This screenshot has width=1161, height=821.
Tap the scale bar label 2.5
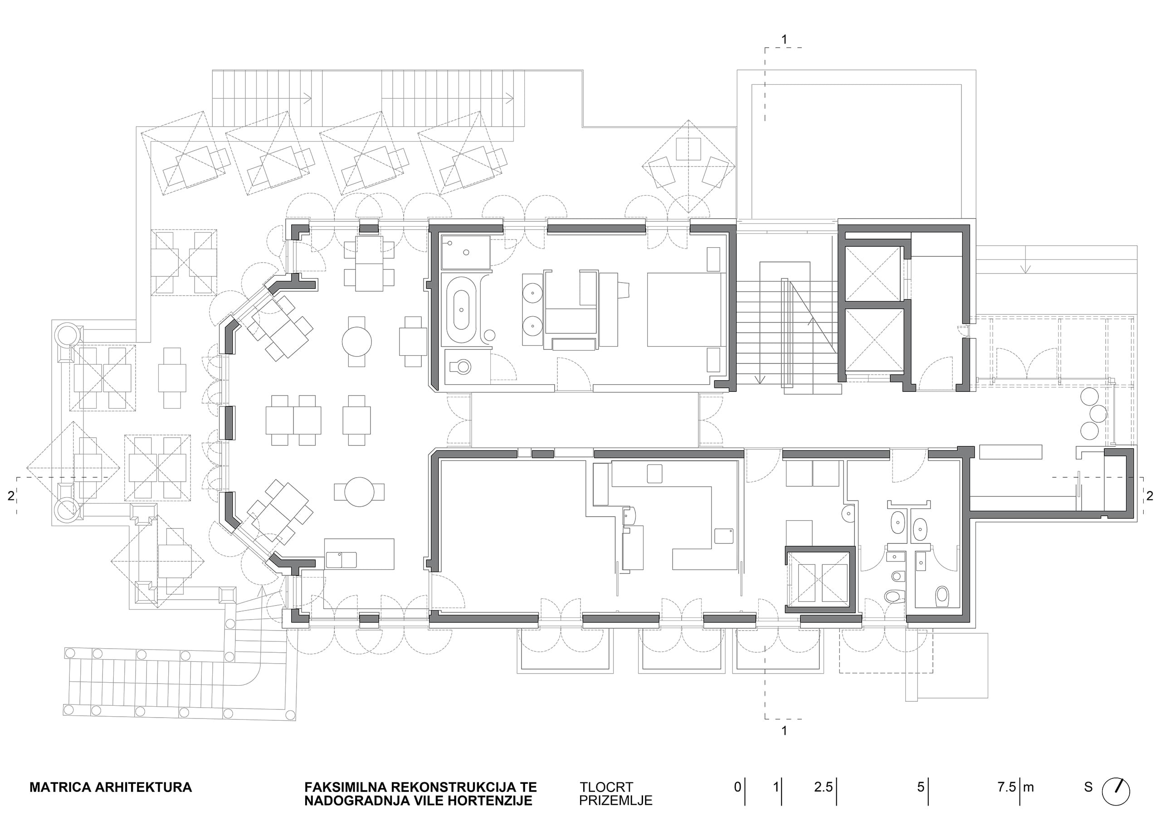823,787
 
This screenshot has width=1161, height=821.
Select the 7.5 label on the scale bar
1006,787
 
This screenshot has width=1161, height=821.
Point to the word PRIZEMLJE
615,801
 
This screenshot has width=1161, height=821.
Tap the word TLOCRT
606,787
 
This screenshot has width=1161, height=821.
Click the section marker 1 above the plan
784,39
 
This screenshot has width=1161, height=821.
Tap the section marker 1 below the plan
784,730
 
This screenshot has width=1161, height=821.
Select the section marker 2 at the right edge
1150,496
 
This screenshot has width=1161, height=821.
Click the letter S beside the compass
1088,787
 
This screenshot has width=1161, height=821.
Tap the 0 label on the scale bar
738,787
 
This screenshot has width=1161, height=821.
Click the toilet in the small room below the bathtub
461,366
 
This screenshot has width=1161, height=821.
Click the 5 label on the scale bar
921,787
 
